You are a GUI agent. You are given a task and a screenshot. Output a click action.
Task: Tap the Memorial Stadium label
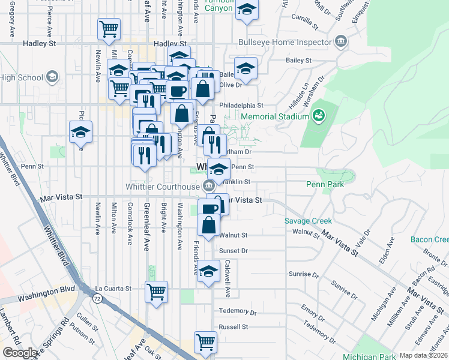click(x=276, y=116)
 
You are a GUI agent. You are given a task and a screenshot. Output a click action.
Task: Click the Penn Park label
click(x=325, y=184)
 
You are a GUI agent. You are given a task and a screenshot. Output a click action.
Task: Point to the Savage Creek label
click(x=308, y=221)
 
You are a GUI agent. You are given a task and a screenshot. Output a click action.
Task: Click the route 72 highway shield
click(x=97, y=297)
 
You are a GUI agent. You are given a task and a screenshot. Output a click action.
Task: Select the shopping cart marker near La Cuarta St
click(x=157, y=292)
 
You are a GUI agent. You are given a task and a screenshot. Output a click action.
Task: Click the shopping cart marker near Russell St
click(x=206, y=341)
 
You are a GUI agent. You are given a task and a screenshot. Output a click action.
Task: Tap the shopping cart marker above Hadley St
click(x=109, y=28)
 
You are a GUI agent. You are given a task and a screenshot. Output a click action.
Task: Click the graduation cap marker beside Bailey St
click(x=246, y=68)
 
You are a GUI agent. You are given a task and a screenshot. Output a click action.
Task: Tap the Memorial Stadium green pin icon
click(x=319, y=115)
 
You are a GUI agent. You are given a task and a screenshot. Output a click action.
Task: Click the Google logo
click(x=20, y=353)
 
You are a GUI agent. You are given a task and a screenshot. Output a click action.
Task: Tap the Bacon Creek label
click(x=429, y=239)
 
